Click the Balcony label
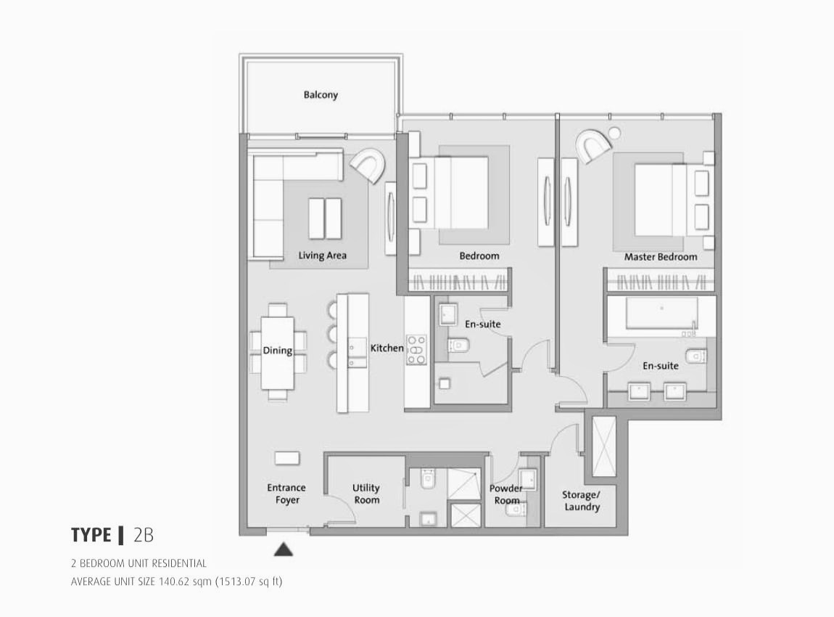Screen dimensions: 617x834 [321, 95]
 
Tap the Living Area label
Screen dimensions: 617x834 [322, 256]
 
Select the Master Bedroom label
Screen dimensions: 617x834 [660, 257]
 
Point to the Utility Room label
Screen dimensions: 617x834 [366, 494]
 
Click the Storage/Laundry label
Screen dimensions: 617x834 [582, 501]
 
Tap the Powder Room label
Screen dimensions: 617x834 [505, 494]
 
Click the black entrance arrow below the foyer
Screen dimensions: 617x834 [284, 549]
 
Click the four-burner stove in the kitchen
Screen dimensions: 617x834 [417, 349]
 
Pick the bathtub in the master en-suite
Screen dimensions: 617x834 [653, 313]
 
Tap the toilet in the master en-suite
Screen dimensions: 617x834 [695, 356]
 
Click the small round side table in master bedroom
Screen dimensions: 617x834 [616, 133]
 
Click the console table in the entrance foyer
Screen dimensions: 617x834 [286, 458]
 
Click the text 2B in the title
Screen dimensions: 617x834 [144, 536]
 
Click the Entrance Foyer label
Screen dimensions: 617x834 [286, 494]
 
